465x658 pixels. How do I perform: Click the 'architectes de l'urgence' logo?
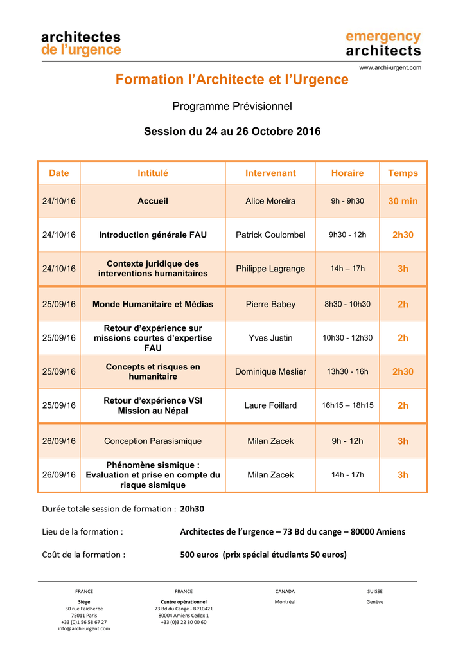pyautogui.click(x=81, y=44)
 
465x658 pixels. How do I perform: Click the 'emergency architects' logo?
pyautogui.click(x=383, y=44)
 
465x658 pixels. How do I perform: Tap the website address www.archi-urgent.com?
pyautogui.click(x=390, y=67)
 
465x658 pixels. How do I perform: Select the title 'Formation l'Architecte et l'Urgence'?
pyautogui.click(x=232, y=80)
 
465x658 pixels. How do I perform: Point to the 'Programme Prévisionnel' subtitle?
pyautogui.click(x=232, y=106)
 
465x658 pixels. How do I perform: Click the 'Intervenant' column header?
pyautogui.click(x=270, y=173)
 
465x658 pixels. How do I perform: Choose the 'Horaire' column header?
pyautogui.click(x=347, y=173)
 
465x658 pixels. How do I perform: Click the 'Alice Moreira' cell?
pyautogui.click(x=270, y=201)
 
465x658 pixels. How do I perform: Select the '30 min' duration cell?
pyautogui.click(x=403, y=201)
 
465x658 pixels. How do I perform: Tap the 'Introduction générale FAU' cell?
pyautogui.click(x=153, y=235)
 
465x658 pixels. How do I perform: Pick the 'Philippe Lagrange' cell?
pyautogui.click(x=270, y=269)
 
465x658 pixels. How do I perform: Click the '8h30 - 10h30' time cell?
pyautogui.click(x=347, y=304)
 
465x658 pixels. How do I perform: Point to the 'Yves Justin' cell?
pyautogui.click(x=270, y=338)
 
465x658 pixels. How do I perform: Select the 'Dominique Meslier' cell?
pyautogui.click(x=270, y=371)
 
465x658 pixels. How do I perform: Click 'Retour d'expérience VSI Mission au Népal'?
pyautogui.click(x=153, y=405)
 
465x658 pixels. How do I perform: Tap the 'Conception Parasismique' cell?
pyautogui.click(x=153, y=441)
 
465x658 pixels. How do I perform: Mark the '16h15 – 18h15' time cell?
pyautogui.click(x=347, y=405)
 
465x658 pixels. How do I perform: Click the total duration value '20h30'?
pyautogui.click(x=192, y=509)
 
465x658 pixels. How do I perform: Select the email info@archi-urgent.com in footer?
pyautogui.click(x=84, y=628)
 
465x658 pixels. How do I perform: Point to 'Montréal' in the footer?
pyautogui.click(x=285, y=602)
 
